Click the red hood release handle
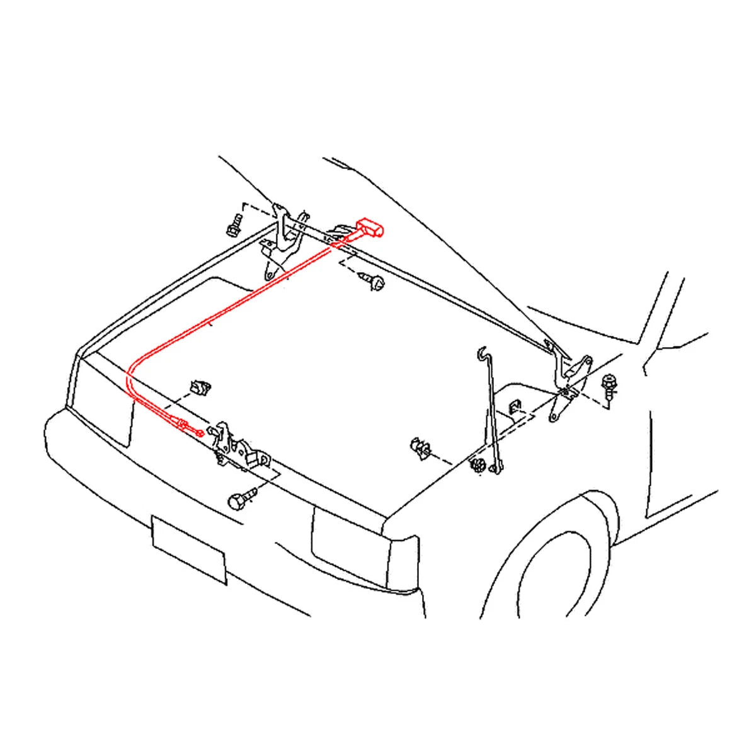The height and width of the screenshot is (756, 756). [x=369, y=227]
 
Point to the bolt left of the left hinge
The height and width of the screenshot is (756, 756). [x=234, y=226]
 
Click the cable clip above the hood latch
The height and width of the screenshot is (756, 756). [x=201, y=387]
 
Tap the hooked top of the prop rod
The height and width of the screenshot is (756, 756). [x=482, y=353]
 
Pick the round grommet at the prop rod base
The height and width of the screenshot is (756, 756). [x=477, y=467]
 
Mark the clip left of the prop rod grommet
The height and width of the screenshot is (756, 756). [x=419, y=448]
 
